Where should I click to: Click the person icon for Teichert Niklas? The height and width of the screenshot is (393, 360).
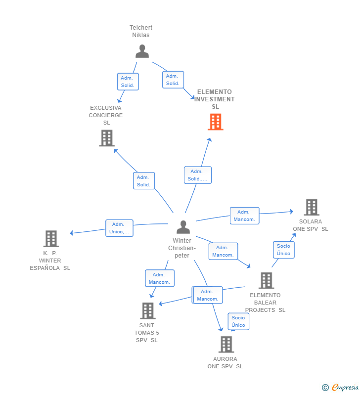coord(142,51)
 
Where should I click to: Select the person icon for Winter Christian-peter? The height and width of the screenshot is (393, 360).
coord(183,227)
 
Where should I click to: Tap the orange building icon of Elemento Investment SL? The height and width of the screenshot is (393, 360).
coord(215,122)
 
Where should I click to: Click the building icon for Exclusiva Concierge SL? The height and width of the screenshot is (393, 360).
coord(106,138)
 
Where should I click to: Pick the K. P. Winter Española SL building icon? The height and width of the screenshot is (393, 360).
coord(51,239)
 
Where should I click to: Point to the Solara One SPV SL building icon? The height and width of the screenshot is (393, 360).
coord(311,207)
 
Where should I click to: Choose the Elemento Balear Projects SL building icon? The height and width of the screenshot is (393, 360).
coord(266,280)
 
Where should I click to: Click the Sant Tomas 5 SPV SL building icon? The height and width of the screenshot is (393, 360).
coord(147,310)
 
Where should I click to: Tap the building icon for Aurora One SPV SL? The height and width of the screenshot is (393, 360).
coord(226,344)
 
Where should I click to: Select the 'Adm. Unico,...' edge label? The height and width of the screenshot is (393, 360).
coord(119,228)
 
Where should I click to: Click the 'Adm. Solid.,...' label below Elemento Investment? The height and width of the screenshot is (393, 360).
coord(197,175)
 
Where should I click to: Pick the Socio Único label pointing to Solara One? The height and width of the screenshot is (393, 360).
coord(283,250)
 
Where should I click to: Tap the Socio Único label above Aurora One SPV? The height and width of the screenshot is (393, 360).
coord(238,321)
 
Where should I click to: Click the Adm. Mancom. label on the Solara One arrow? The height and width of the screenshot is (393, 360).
coord(244,216)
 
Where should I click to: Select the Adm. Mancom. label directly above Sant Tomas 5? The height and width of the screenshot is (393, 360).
coord(159,278)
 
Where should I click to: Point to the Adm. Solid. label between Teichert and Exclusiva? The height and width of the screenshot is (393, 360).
coord(128,82)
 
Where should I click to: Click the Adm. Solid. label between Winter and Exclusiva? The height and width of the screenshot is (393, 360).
coord(143,181)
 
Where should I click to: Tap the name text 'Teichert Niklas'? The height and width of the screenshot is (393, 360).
coord(141,31)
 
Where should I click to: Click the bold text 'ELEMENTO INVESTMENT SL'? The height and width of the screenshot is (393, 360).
coord(215,99)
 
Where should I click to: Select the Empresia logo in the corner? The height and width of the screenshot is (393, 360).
coord(341,387)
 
